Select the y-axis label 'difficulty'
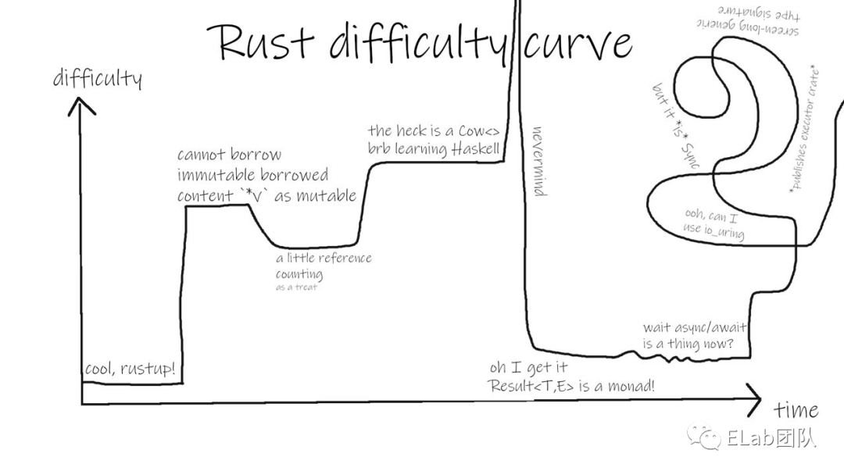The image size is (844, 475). click(98, 79)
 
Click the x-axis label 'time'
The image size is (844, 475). click(796, 409)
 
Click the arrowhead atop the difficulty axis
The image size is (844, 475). click(81, 105)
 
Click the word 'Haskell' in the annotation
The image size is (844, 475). click(474, 149)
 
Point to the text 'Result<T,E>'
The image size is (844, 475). click(525, 386)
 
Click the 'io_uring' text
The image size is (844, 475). click(723, 233)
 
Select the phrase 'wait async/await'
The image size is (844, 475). click(694, 328)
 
